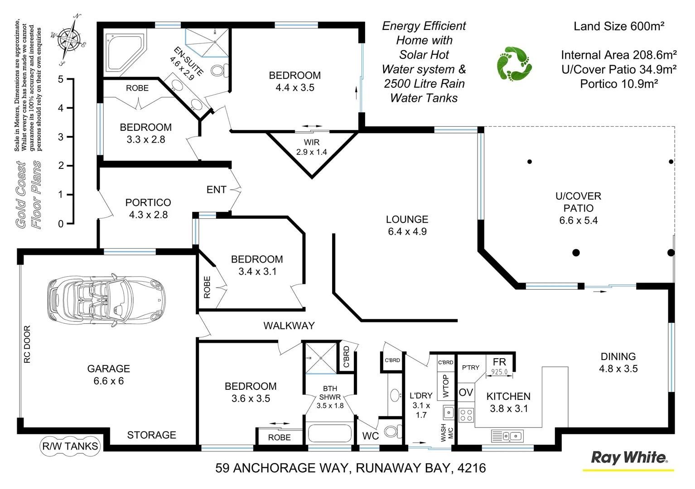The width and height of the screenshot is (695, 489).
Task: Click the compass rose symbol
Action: coord(69,39)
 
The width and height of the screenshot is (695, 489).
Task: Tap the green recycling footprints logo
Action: coord(514,63)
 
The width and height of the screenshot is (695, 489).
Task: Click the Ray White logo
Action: coord(629,458)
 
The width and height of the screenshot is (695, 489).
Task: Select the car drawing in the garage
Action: coord(106,299)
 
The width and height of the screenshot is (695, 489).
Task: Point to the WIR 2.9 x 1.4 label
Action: coord(312,147)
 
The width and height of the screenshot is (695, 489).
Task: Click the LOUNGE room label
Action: coord(407,220)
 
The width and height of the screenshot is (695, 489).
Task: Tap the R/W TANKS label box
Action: coord(70,446)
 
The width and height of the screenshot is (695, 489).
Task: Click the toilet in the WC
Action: coord(392,431)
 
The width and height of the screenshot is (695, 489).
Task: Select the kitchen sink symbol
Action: coord(507,436)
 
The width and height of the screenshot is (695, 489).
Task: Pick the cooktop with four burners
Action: coord(467,415)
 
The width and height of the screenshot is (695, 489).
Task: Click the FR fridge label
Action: coord(499,362)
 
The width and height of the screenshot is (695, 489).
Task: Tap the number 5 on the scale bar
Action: coord(61,79)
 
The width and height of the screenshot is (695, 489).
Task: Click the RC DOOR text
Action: coord(27,344)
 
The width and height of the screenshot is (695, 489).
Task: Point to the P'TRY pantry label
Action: coord(471,367)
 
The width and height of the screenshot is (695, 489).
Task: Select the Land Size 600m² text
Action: coord(619,26)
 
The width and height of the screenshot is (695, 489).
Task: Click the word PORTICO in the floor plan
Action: coord(148,202)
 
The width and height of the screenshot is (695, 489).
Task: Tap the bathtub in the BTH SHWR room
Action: coord(329,433)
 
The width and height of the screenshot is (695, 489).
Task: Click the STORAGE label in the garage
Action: coord(151,435)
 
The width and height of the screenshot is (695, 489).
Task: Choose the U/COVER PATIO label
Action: coord(579,202)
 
